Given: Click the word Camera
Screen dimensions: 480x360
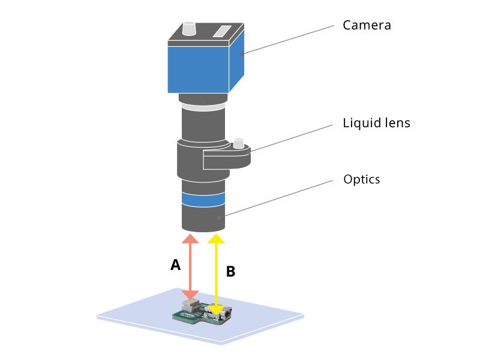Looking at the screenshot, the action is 367,25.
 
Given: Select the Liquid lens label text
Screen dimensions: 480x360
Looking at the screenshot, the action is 376,123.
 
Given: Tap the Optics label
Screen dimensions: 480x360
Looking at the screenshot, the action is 362,179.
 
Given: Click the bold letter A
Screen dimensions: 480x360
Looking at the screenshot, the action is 175,265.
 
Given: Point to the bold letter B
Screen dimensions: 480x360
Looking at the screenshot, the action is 230,272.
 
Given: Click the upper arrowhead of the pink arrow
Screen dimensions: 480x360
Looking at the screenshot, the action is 190,239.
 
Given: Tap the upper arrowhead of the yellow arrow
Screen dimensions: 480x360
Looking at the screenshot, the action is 217,239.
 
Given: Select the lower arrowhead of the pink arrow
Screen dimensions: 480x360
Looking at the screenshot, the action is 190,295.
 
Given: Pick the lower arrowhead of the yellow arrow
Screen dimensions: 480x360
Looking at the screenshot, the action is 217,310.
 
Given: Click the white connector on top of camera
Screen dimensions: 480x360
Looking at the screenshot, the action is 189,28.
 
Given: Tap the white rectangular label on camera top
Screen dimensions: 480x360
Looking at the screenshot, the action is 222,32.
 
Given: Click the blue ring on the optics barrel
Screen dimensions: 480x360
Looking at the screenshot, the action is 203,199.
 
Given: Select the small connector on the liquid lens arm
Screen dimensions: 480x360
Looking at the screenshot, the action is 238,143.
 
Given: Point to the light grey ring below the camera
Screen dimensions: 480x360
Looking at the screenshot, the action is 203,107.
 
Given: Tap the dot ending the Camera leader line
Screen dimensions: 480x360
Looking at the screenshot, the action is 242,54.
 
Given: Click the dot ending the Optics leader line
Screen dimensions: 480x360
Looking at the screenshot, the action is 219,218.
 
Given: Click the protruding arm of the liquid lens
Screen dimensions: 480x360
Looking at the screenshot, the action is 227,158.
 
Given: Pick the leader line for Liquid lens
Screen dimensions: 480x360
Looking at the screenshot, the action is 292,138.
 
